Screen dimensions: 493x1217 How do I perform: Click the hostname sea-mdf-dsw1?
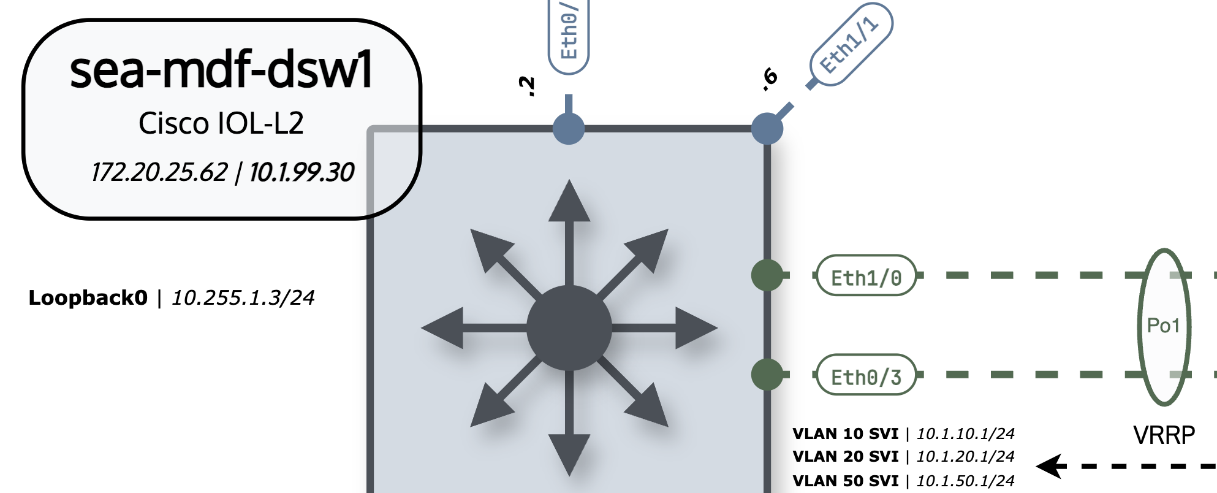(x=221, y=70)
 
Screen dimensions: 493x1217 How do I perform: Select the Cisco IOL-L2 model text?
(x=221, y=123)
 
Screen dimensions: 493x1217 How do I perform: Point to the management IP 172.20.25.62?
(x=159, y=172)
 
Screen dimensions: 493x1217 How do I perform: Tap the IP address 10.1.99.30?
(x=301, y=172)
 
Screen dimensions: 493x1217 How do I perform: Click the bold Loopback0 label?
(x=88, y=298)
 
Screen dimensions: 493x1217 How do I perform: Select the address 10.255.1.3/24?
(x=243, y=298)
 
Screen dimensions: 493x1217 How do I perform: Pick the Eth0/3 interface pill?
(x=866, y=375)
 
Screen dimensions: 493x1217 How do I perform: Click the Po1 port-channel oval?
(x=1164, y=326)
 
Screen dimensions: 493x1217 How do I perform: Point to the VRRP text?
(x=1164, y=435)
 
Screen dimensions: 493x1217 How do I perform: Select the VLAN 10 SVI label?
(x=845, y=434)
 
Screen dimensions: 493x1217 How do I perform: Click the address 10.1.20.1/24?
(x=965, y=457)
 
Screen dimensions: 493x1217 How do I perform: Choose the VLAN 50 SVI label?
(x=845, y=481)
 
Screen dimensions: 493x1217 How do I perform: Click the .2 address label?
(x=526, y=86)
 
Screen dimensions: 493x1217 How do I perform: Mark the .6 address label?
(x=769, y=79)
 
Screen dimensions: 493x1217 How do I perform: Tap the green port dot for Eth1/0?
(x=767, y=275)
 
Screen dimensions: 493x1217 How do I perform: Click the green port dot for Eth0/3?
(x=767, y=375)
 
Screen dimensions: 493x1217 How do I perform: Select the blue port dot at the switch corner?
(x=767, y=129)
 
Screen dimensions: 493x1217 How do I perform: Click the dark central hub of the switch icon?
(x=569, y=328)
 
